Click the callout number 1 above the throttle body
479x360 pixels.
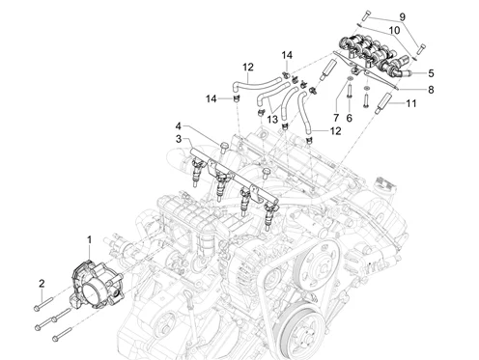pyautogui.click(x=90, y=240)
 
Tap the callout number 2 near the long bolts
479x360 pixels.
pyautogui.click(x=42, y=284)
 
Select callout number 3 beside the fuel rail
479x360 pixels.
pyautogui.click(x=179, y=139)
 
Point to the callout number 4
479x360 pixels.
pyautogui.click(x=179, y=125)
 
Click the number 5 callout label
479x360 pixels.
pyautogui.click(x=431, y=73)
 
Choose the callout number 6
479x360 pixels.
pyautogui.click(x=350, y=118)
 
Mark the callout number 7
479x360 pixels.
pyautogui.click(x=336, y=118)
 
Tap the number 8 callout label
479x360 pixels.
pyautogui.click(x=431, y=90)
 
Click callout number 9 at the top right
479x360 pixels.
pyautogui.click(x=403, y=16)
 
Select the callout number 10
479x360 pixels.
pyautogui.click(x=394, y=30)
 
